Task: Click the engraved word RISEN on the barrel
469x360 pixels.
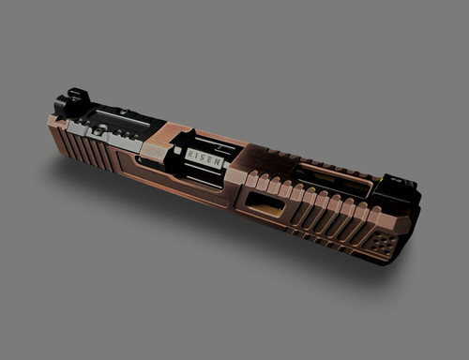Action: tap(204, 157)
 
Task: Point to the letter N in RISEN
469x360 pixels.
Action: tap(219, 162)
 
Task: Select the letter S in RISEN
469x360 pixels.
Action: tap(204, 157)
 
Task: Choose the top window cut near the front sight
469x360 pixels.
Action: tap(333, 178)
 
